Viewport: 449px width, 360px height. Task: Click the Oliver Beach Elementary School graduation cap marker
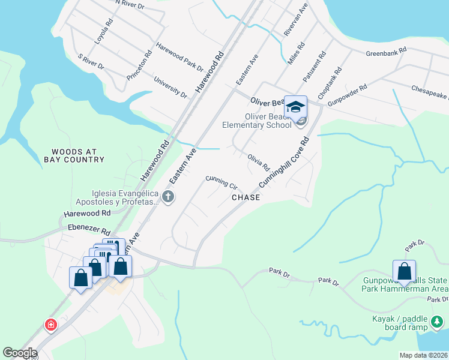(295, 107)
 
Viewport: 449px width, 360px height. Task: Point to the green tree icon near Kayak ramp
(437, 323)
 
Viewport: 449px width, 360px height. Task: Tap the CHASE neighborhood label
(246, 197)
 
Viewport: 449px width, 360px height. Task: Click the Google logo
(20, 353)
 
